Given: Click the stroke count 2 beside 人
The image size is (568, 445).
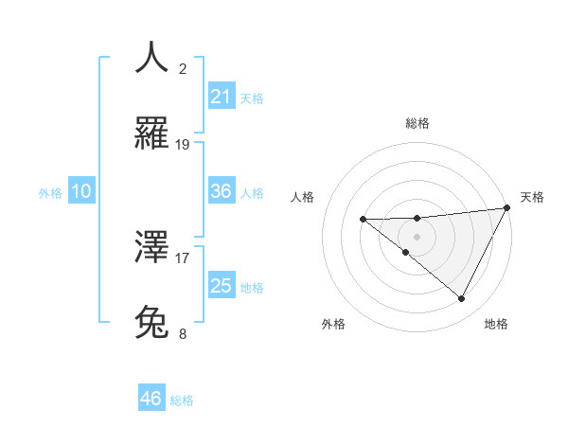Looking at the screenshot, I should point(183,69).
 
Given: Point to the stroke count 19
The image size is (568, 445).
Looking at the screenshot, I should point(183,145).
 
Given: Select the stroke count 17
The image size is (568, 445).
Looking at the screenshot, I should point(183,257).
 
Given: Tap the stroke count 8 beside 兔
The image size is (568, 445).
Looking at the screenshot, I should point(183,333).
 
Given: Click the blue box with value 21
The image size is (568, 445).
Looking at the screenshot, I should point(222,97).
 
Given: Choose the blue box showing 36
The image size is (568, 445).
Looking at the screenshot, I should point(222,191).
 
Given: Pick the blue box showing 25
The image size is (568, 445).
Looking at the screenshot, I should point(222,286).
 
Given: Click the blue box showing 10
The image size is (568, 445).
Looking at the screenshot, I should point(81,191).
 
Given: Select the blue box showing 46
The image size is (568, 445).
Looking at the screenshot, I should point(151,399).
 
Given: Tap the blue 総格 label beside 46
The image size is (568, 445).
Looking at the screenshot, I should point(182,400).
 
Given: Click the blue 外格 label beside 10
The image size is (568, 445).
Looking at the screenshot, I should point(50,192).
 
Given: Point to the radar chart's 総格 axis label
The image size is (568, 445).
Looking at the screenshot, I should point(417,123).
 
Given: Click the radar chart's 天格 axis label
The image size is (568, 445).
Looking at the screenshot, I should point(532,197).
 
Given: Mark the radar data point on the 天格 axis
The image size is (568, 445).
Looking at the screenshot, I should point(507,207).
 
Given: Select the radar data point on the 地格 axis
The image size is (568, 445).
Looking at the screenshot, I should point(462,298).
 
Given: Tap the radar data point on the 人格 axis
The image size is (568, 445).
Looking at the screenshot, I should point(363,219).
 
